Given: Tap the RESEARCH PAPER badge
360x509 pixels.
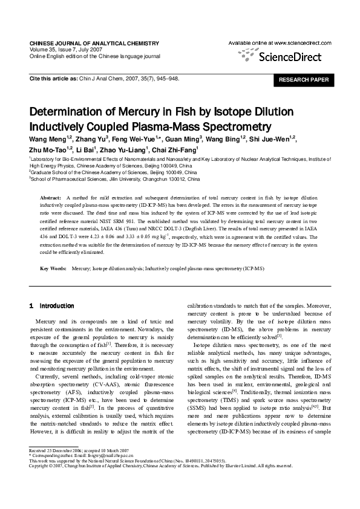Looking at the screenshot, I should (x=304, y=80).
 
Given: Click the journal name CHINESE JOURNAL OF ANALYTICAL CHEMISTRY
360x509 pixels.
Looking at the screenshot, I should (x=94, y=44).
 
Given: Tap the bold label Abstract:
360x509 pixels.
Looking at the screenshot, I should (x=50, y=198).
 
